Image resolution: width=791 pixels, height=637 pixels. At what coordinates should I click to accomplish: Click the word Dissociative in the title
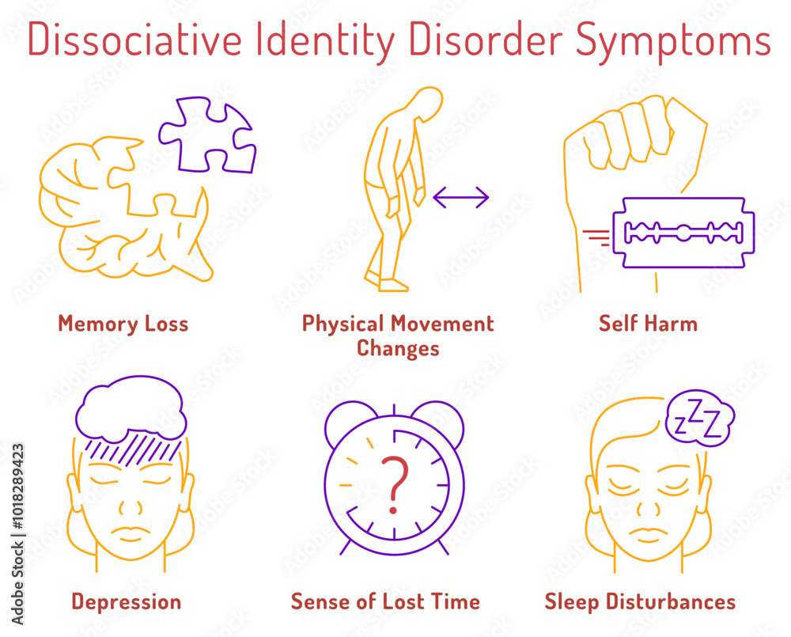[135, 40]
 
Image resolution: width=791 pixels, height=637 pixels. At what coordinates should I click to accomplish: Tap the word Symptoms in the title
[673, 41]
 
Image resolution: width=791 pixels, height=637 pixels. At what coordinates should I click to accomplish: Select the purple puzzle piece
[207, 135]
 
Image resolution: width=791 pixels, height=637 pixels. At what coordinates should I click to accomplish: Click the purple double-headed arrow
[461, 197]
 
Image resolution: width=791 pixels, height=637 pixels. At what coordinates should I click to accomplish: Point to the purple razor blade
[683, 233]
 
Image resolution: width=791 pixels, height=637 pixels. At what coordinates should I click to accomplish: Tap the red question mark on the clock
[395, 484]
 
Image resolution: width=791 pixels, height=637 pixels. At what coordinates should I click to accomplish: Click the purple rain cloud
[131, 409]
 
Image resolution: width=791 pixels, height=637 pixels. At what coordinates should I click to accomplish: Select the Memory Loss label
[123, 324]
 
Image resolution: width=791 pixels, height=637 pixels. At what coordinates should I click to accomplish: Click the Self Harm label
[649, 324]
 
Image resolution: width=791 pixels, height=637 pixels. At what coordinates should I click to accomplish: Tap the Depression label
[126, 602]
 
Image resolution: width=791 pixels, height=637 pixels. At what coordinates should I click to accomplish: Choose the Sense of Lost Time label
[385, 601]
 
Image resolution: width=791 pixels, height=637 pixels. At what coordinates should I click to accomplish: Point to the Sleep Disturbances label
[640, 602]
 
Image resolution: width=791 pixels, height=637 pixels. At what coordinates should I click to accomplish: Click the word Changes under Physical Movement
[398, 349]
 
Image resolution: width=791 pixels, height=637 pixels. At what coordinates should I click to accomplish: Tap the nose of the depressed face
[131, 506]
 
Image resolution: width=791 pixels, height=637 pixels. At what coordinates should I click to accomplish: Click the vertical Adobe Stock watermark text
[17, 534]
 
